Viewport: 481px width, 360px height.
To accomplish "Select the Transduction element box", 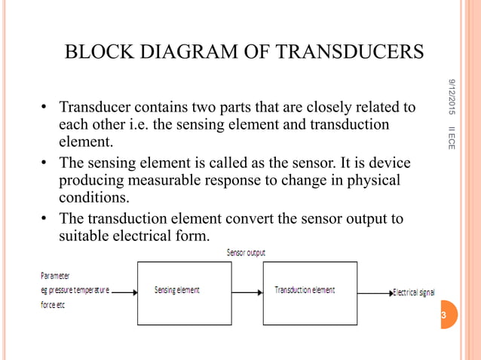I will pos(309,292).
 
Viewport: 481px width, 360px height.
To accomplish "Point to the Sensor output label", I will pos(246,253).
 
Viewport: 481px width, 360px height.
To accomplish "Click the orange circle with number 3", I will pos(443,315).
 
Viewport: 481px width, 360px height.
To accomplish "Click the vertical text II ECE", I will pos(451,136).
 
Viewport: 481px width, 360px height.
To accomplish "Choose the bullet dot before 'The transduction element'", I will pos(46,219).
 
